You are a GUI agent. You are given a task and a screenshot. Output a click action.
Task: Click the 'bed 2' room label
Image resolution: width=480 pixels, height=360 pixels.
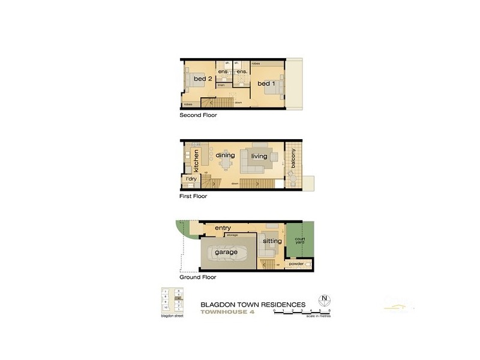pos(203,79)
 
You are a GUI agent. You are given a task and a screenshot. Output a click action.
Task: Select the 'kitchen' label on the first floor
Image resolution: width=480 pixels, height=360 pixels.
pos(196,160)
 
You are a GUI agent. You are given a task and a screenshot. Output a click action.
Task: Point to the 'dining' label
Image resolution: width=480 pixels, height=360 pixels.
pos(225,155)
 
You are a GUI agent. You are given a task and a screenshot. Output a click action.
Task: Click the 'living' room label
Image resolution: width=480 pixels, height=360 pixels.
pos(259,156)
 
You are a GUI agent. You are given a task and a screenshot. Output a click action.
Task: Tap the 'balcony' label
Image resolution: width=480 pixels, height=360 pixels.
pos(293,158)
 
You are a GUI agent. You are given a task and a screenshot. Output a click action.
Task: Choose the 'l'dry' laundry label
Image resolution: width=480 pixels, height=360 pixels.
pos(191,179)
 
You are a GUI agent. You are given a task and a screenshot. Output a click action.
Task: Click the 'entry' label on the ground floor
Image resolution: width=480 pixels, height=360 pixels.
pos(223,228)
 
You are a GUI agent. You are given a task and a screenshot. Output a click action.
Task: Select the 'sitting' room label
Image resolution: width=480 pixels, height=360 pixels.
pos(272,241)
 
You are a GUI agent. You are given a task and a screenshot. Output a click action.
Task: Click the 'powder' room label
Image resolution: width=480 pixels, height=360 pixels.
pos(296,263)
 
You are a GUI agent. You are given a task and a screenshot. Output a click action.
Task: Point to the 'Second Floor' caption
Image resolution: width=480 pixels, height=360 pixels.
pos(198,115)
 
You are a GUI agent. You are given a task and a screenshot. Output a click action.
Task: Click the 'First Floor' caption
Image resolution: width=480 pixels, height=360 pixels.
pos(194,196)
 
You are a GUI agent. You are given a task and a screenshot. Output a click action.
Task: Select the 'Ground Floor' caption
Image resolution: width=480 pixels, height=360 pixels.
pos(197,278)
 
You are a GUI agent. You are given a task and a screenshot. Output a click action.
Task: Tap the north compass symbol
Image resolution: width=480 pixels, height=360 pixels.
pos(325,299)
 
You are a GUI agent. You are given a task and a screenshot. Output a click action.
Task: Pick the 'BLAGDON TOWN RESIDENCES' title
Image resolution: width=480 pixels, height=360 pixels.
pos(253,304)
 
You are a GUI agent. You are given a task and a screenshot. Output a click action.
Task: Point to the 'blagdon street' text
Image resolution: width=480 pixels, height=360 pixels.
pos(172,316)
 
